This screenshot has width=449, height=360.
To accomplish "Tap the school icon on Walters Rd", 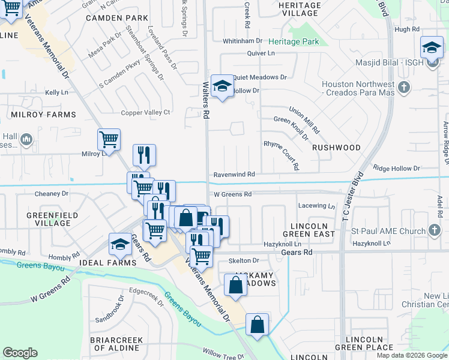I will (222, 88).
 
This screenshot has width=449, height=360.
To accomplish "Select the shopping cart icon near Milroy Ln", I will (109, 140).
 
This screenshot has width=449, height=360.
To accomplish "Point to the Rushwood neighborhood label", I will (337, 147).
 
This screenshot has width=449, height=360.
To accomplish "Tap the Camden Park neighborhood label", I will (116, 18).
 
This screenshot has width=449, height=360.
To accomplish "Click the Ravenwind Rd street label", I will (235, 174).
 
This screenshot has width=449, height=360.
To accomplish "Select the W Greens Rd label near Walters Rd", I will (233, 194).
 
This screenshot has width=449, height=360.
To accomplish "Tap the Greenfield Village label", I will (48, 218).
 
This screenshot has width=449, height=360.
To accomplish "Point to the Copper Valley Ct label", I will (146, 112).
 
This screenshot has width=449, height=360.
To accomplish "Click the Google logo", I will (20, 353).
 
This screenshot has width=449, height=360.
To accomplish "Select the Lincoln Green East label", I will (309, 229).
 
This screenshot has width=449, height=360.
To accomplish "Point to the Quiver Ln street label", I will (261, 53).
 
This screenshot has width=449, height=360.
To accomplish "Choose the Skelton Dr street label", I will (243, 260).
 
